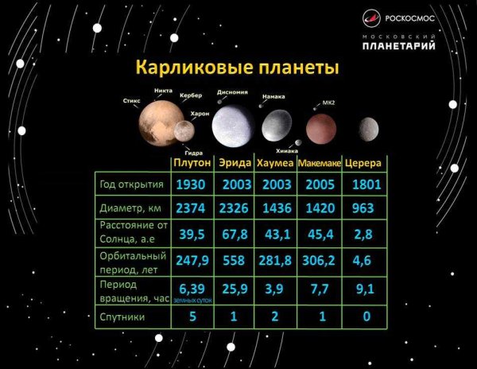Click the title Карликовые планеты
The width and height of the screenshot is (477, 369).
coord(238,66)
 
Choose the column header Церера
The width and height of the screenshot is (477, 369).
coord(363,162)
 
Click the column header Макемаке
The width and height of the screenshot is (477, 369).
coord(319,163)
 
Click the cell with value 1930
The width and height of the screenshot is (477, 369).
coord(192,184)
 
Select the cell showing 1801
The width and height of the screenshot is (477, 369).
coord(364,184)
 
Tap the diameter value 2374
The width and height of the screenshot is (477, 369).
coord(192,209)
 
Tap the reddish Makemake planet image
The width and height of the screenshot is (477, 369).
coord(320,126)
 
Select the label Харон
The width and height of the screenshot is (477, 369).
coord(200,114)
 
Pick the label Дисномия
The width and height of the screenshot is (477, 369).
coord(232,91)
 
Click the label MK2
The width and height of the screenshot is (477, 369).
coord(329,103)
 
